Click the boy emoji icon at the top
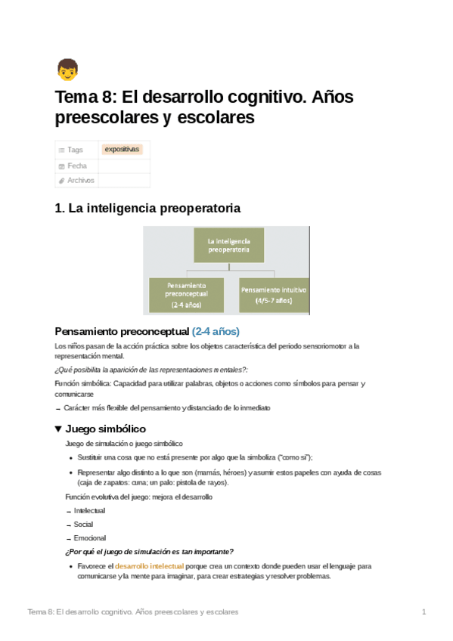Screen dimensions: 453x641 tap(67, 70)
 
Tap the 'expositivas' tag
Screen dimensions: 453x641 tap(123, 150)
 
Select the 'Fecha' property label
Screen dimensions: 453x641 tap(77, 166)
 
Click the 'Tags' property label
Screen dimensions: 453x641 tap(75, 150)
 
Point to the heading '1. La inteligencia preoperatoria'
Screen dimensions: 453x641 tap(148, 208)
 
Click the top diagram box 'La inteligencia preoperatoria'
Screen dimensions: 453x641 tap(227, 246)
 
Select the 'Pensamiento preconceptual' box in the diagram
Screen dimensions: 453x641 tap(186, 293)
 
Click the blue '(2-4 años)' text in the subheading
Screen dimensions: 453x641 tap(216, 331)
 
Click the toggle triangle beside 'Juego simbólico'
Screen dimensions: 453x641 tap(59, 429)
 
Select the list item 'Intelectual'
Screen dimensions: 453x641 tap(89, 511)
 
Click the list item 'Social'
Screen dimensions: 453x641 tap(84, 524)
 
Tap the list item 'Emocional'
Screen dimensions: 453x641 tap(90, 537)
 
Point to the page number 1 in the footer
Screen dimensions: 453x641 tap(424, 612)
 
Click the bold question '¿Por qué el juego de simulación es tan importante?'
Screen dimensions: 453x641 tap(150, 551)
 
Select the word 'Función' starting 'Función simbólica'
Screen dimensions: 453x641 tap(68, 383)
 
